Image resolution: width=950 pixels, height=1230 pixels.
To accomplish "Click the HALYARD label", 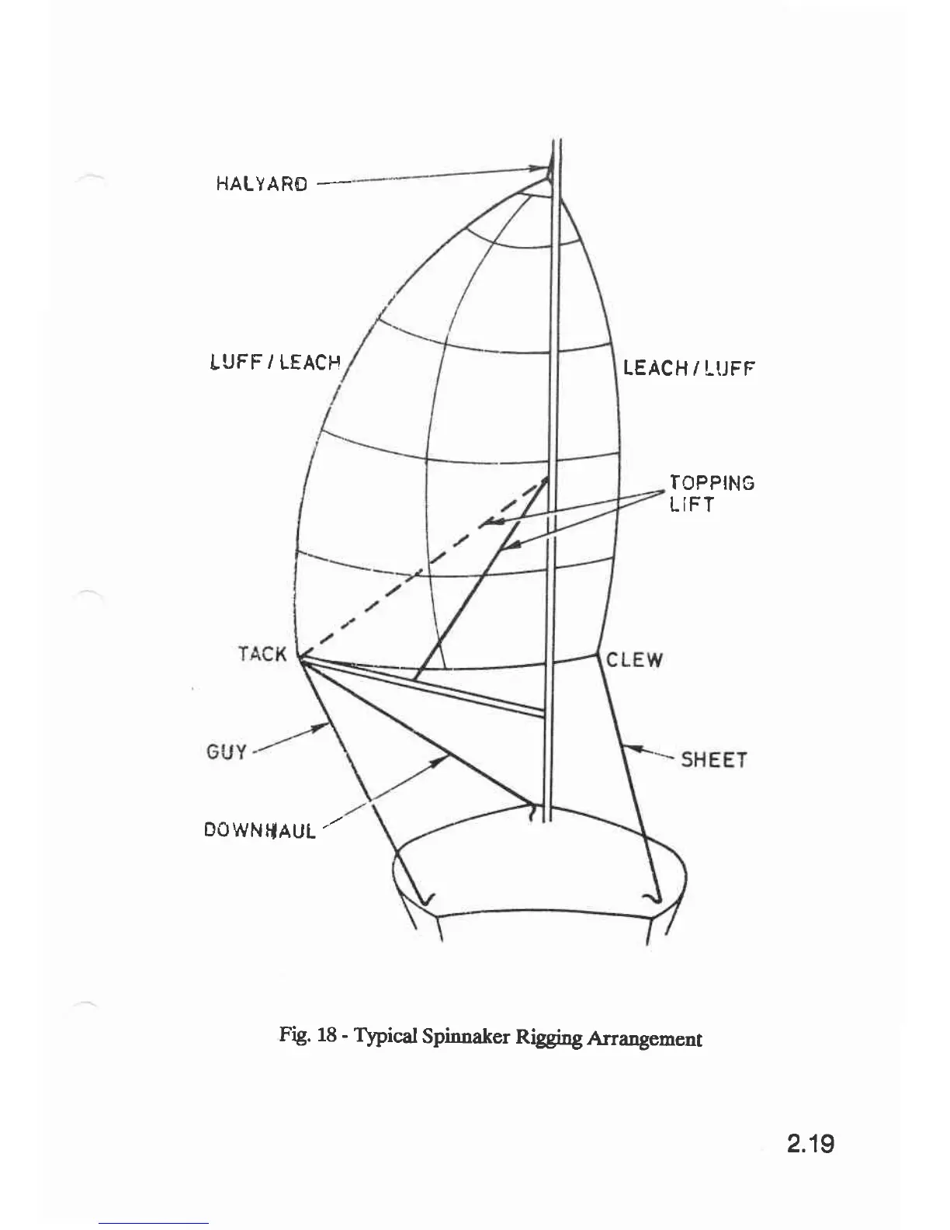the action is pos(262,184).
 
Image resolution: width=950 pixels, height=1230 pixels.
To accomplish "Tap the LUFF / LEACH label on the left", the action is pos(276,362).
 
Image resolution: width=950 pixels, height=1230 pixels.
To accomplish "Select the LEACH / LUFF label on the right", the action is pos(689,367).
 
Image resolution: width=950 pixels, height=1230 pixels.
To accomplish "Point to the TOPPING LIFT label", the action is pos(711,494).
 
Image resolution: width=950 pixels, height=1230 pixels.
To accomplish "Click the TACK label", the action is pos(262,654).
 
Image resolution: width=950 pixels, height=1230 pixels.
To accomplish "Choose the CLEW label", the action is pos(635,660).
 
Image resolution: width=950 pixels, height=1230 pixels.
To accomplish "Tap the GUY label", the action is pos(226,752).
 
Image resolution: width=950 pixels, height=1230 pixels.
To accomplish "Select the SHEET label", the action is pos(714,759).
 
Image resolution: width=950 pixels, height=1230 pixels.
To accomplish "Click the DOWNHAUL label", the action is pos(260,830).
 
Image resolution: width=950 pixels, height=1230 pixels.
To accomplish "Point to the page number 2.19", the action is pos(810,1144).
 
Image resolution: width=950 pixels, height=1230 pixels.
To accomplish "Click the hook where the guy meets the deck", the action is pos(426,899).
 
